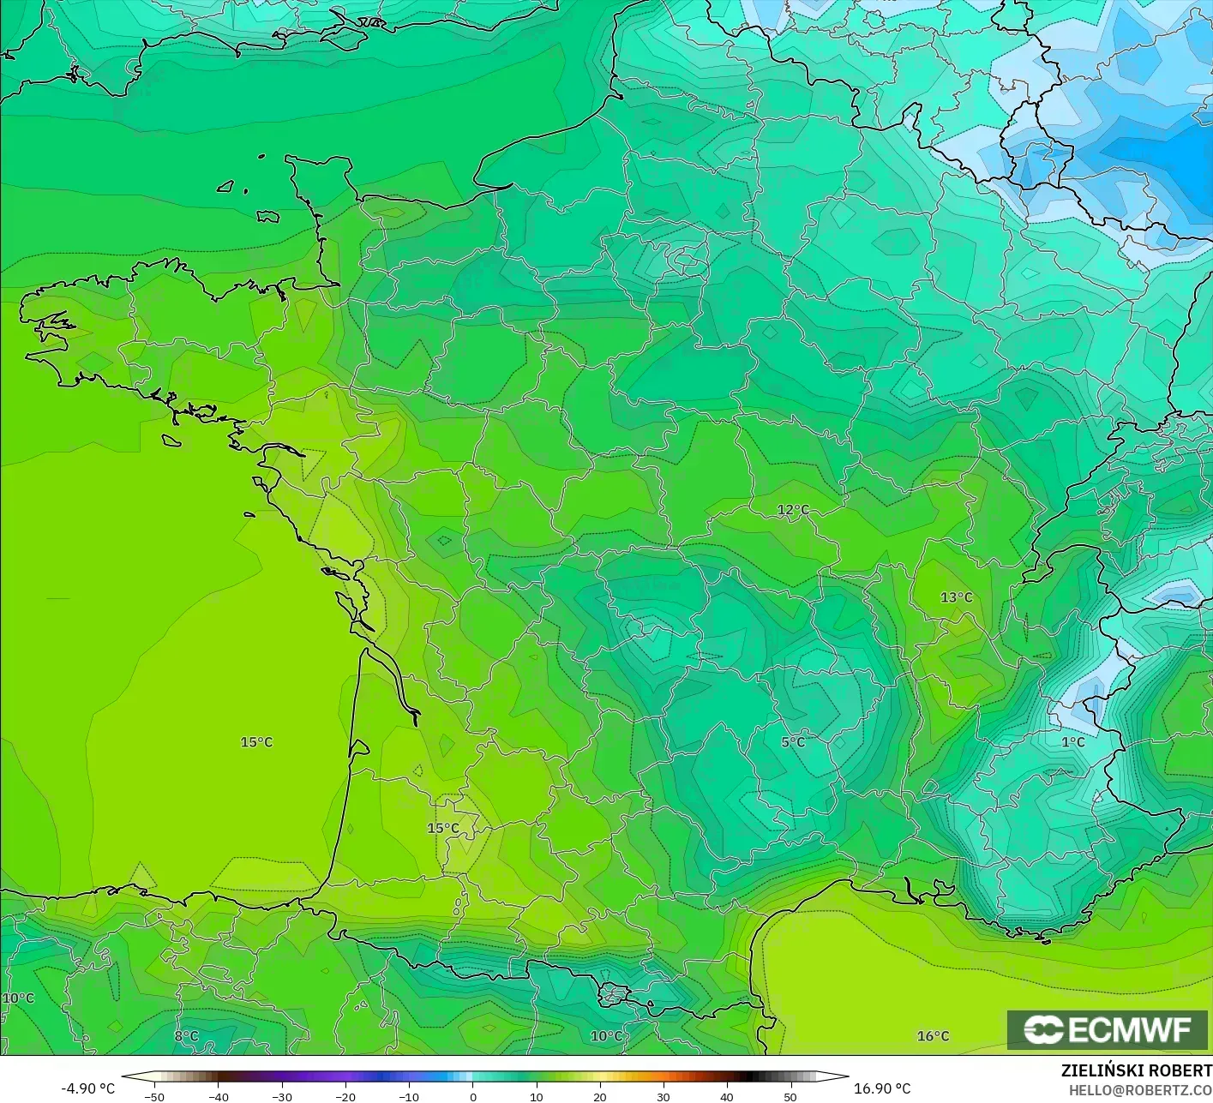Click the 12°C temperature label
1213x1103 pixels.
coord(793,510)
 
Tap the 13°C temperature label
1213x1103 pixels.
coord(957,597)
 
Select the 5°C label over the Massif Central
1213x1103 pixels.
coord(793,742)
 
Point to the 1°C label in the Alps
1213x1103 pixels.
coord(1073,742)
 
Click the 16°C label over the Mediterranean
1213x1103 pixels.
coord(934,1036)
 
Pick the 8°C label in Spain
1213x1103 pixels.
coord(186,1036)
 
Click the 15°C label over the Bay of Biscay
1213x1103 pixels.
coord(256,742)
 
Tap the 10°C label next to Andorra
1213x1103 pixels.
coord(606,1036)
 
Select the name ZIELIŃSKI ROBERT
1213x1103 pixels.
coord(1136,1070)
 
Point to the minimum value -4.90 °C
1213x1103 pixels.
coord(87,1088)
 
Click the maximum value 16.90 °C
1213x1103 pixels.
coord(882,1088)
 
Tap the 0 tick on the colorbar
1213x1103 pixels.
coord(472,1097)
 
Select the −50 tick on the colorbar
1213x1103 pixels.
coord(154,1097)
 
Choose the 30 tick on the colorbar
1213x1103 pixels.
coord(664,1097)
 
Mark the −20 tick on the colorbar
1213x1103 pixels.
coord(345,1097)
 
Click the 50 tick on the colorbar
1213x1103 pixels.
coord(790,1097)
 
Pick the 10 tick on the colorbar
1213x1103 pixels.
coord(536,1097)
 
